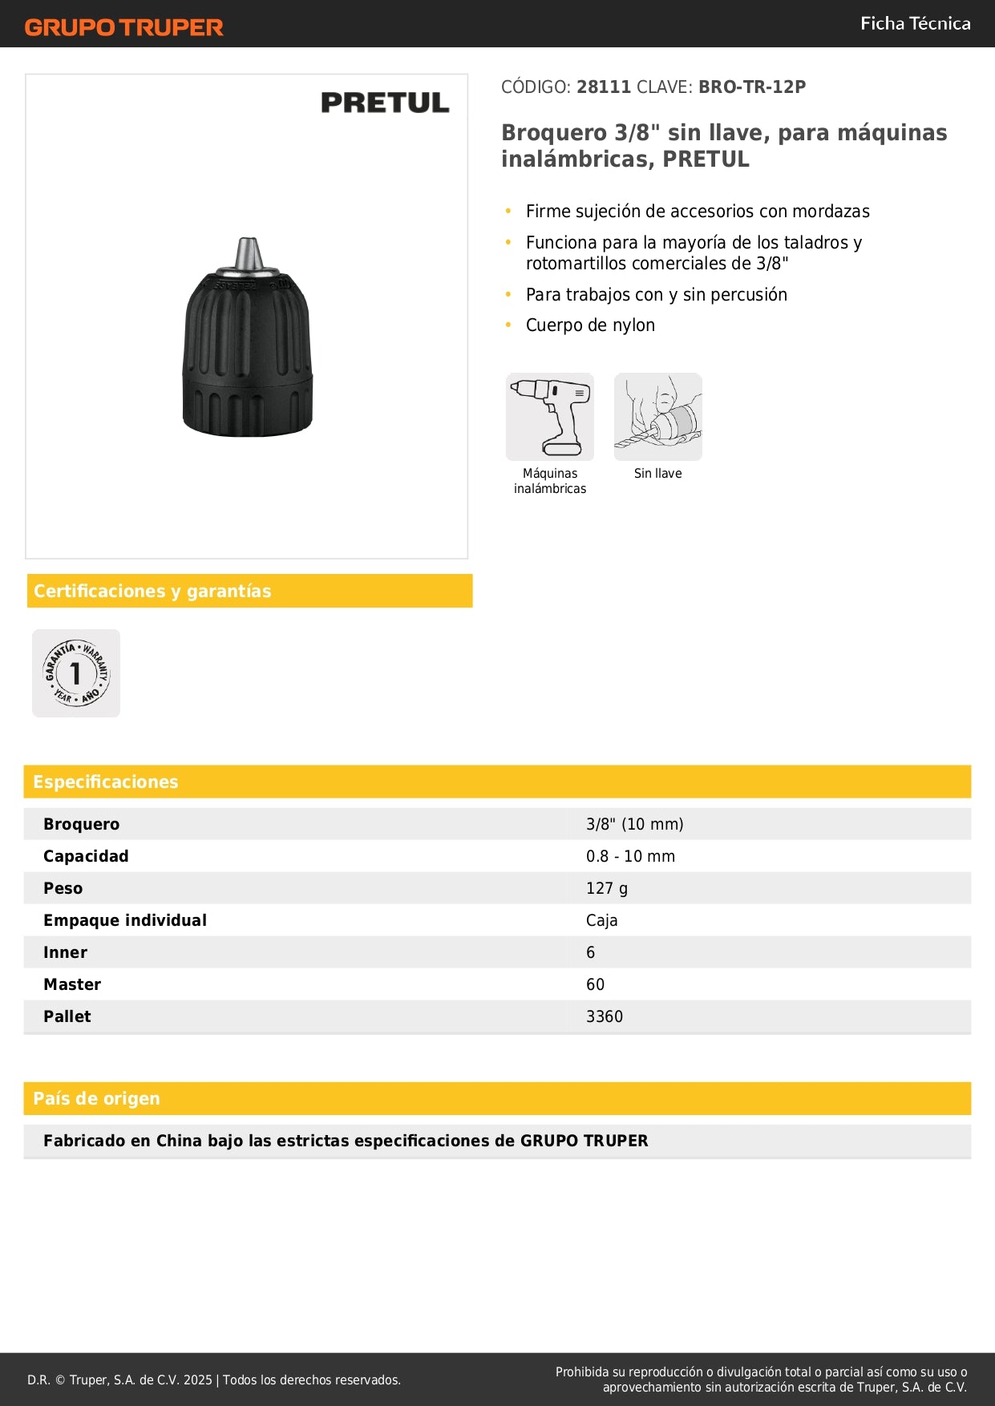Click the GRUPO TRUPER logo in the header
point(123,27)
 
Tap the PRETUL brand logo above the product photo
point(385,103)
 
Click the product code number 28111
point(604,87)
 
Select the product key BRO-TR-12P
point(751,87)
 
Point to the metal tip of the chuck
point(248,253)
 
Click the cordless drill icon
point(550,417)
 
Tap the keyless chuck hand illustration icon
point(657,417)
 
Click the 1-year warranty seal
point(76,673)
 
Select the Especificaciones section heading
point(106,782)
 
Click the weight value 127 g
point(607,888)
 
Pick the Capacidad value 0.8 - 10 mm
point(630,856)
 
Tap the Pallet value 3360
point(605,1016)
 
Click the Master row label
point(72,984)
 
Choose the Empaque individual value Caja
point(601,920)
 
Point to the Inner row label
point(65,952)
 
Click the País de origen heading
point(96,1098)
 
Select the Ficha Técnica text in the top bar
point(915,23)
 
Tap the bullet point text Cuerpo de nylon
point(590,325)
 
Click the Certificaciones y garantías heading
point(152,591)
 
